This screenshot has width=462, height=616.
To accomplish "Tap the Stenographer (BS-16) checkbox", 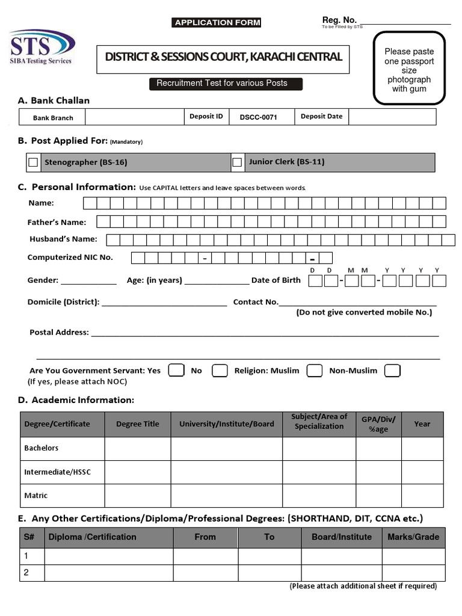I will [33, 162].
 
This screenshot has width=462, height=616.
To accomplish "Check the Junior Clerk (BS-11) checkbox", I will [237, 162].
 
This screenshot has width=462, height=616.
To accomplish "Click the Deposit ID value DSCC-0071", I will [258, 117].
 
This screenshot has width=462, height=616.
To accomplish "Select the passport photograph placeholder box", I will [409, 68].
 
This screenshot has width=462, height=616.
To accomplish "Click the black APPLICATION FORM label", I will [217, 23].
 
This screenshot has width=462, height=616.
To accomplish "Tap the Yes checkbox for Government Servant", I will [176, 370].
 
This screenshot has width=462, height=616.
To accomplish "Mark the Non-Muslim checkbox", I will [392, 370].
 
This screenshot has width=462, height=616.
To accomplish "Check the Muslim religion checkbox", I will [314, 370].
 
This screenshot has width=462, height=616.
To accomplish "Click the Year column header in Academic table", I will [422, 424].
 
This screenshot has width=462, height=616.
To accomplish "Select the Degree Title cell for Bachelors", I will [138, 449].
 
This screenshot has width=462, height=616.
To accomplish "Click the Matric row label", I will [36, 496].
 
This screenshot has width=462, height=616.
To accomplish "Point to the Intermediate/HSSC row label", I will [57, 472].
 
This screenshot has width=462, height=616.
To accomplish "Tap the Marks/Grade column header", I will [413, 537].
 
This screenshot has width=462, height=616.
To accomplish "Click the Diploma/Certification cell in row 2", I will [109, 573].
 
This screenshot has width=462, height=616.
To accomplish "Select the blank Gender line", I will [88, 282].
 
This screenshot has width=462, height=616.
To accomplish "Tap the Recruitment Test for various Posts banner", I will [226, 84].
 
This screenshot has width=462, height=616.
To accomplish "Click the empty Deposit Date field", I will [392, 117].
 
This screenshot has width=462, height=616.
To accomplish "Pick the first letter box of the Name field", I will [89, 203].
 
